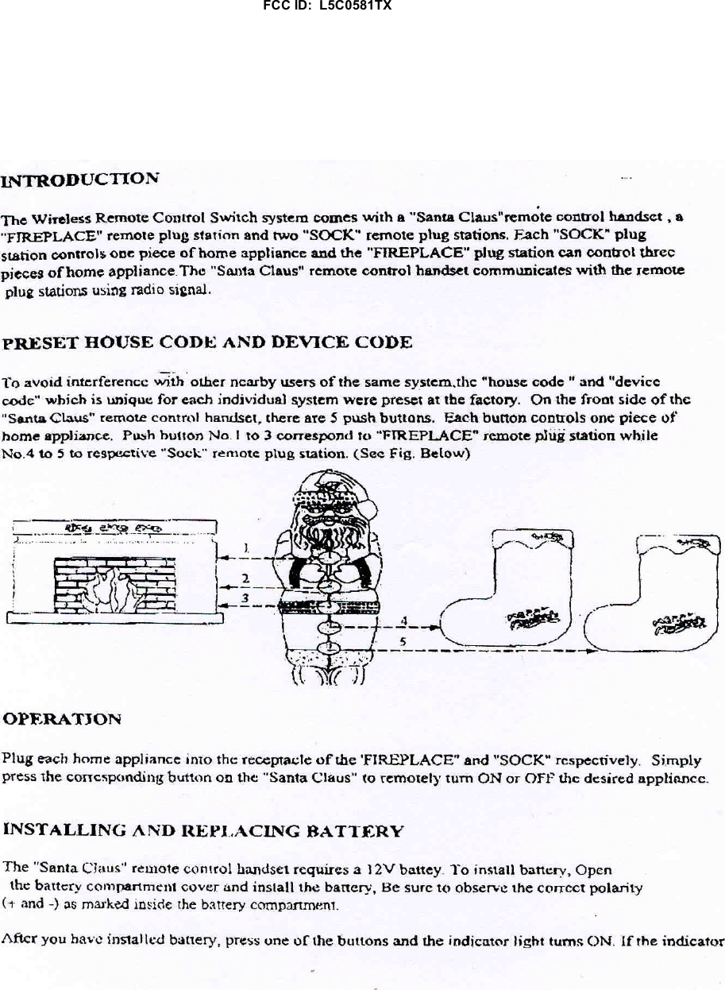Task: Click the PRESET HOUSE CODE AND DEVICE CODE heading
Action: pos(208,343)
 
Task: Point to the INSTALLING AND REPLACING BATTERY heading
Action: pos(205,831)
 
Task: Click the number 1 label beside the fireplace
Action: pos(247,547)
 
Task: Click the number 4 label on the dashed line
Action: pos(405,620)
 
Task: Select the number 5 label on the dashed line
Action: pos(403,640)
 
